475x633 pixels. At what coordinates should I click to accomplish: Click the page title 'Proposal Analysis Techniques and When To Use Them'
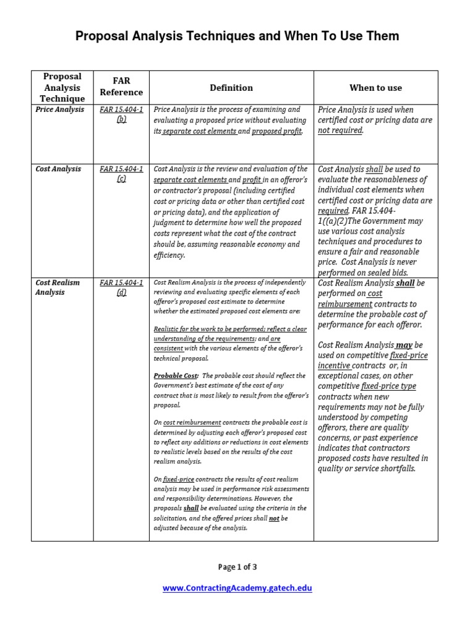tap(237, 36)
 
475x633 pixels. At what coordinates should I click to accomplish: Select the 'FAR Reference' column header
tap(121, 87)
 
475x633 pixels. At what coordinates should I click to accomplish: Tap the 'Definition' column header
tap(231, 88)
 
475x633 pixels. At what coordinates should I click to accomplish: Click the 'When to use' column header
tap(375, 88)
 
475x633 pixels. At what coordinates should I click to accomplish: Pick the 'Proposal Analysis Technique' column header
tap(62, 87)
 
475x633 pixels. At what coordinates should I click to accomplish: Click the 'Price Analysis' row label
tap(59, 110)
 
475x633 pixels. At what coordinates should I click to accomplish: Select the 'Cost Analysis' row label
tap(58, 169)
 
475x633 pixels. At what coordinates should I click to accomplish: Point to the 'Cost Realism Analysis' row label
tap(58, 287)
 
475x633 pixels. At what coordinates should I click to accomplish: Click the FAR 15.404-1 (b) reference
tap(121, 115)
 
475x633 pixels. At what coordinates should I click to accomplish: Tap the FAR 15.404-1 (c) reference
tap(121, 174)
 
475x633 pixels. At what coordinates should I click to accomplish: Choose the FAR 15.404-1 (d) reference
tap(121, 288)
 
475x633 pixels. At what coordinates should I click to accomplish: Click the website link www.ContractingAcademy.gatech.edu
tap(237, 588)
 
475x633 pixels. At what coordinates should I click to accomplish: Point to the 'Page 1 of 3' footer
tap(237, 567)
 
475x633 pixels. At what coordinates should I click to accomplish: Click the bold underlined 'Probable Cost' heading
tap(176, 376)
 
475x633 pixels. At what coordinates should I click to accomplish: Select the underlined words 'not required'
tap(340, 131)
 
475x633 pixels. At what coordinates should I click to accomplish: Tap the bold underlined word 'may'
tap(404, 345)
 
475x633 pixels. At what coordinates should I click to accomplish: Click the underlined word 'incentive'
tap(334, 366)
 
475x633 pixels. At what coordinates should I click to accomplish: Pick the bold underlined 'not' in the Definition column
tap(275, 518)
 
